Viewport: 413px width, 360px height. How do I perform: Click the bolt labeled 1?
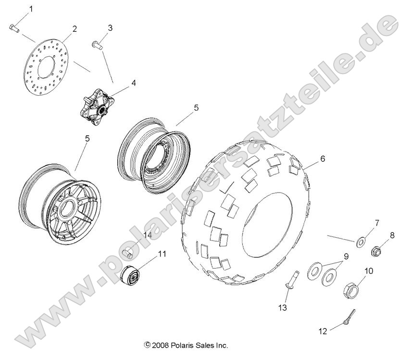click(x=14, y=28)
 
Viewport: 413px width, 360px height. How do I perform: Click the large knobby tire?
click(x=245, y=212)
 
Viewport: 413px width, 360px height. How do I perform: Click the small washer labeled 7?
click(x=360, y=240)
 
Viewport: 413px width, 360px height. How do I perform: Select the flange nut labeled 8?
click(x=377, y=251)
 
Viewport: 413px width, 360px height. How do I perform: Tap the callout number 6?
click(x=323, y=159)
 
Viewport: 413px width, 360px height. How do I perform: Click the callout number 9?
click(x=346, y=257)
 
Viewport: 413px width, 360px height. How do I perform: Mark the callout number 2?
click(x=75, y=29)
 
